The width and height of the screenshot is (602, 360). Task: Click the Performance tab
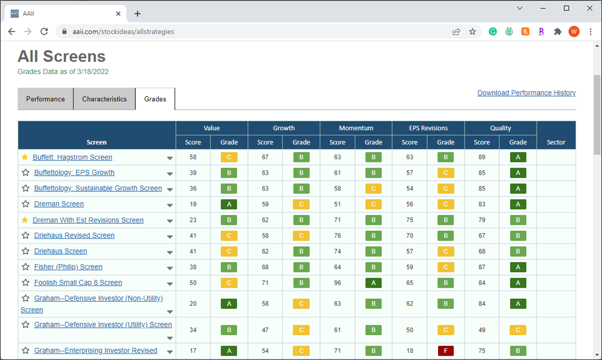coord(45,99)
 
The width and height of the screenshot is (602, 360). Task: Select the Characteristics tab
coord(104,99)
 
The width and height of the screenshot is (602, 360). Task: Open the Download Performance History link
coord(526,93)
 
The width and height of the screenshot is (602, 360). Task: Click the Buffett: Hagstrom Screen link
coord(73,157)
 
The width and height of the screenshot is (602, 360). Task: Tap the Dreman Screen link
coord(59,204)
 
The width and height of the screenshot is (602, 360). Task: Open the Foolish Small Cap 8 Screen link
coord(78,282)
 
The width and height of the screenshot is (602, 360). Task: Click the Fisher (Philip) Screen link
coord(68,267)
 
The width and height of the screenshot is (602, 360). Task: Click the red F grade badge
coord(446,350)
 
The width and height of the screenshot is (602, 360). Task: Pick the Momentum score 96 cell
coord(337,283)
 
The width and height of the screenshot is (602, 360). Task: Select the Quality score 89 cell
coord(482,157)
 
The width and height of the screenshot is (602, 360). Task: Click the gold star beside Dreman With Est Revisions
coord(25,220)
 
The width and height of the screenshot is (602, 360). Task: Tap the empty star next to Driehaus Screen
coord(26,251)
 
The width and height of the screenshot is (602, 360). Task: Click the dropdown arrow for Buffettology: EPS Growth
coord(170,174)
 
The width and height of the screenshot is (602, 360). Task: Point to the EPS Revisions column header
coord(428,128)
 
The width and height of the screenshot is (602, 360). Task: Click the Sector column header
coord(556,142)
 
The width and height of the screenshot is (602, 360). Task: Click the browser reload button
coord(44,32)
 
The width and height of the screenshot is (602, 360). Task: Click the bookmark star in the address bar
coord(473,32)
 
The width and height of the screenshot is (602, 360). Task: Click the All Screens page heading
coord(61,56)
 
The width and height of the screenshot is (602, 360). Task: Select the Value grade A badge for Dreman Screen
coord(229,204)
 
